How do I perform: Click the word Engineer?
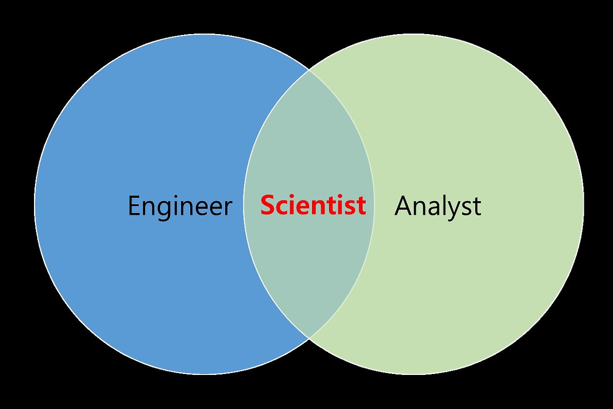pos(180,206)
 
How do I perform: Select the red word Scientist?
pos(313,205)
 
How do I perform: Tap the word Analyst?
pos(438,206)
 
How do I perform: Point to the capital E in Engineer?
pos(134,206)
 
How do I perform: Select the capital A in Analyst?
pos(403,206)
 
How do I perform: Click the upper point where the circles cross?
pos(309,70)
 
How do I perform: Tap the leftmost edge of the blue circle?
pos(34,204)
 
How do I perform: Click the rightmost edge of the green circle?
pos(584,204)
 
